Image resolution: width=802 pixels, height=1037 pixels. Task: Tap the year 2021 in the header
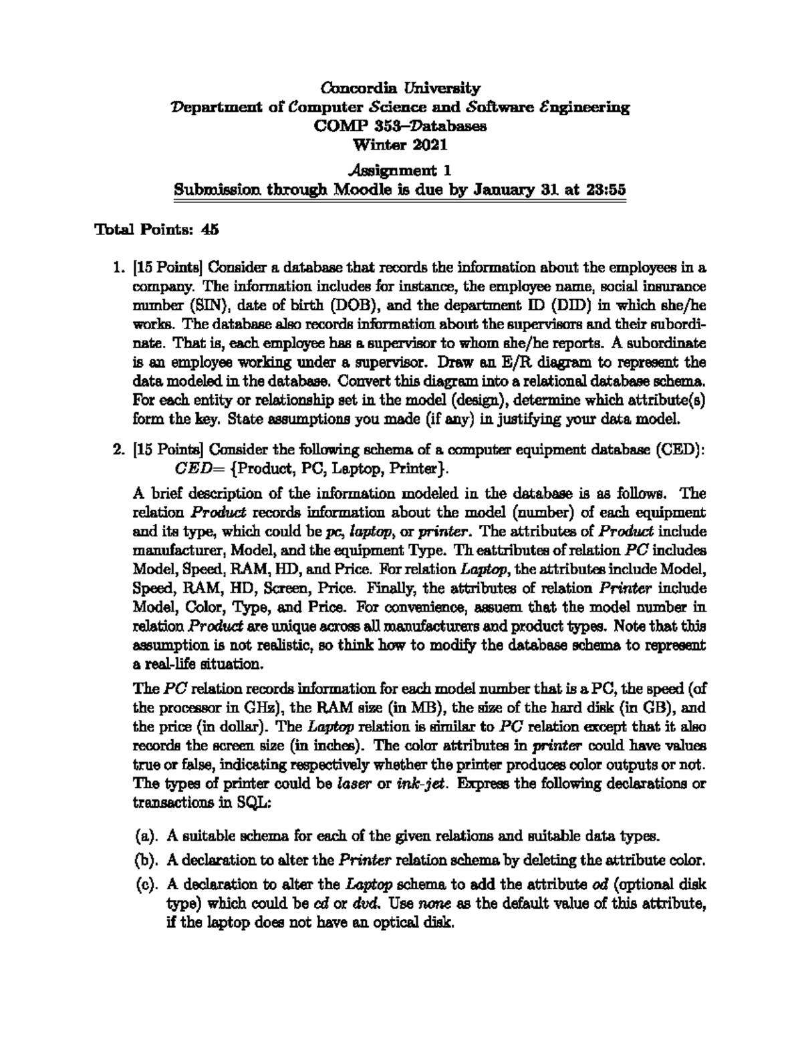(x=428, y=144)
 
